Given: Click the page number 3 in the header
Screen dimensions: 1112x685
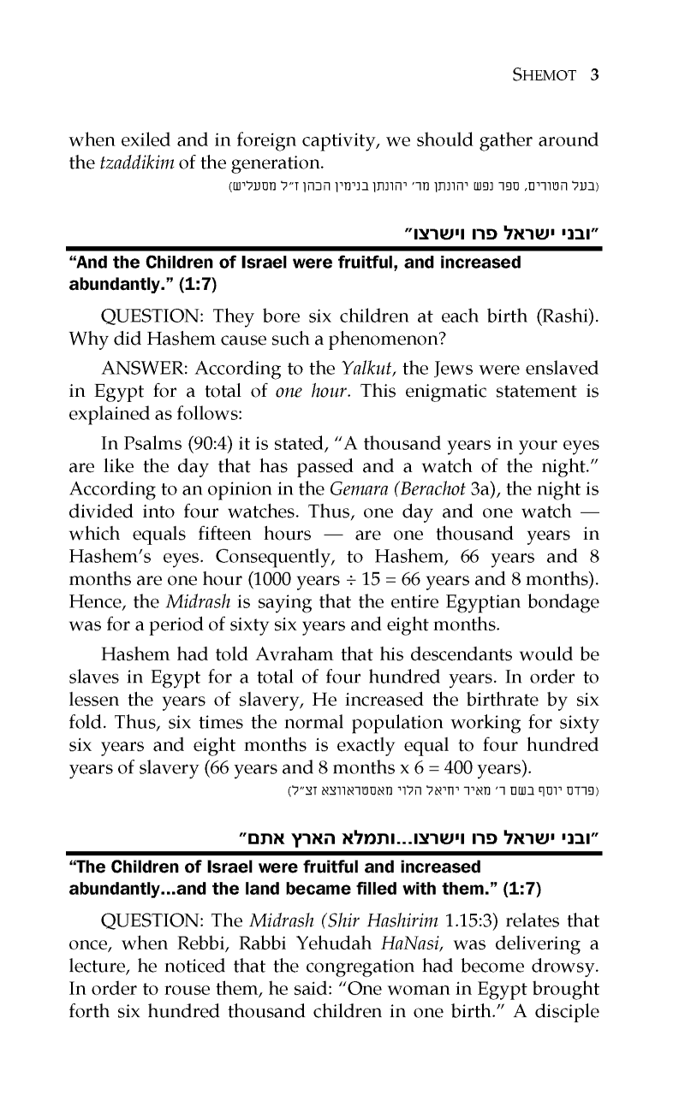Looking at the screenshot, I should click(x=594, y=74).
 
